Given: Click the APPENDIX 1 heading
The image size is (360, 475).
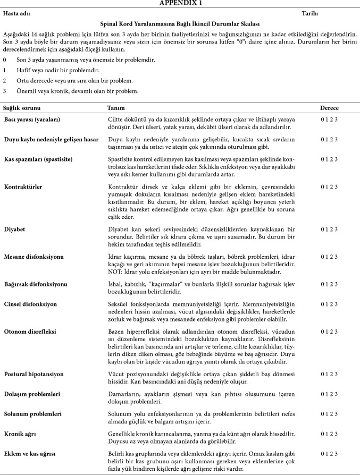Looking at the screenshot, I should (180, 4).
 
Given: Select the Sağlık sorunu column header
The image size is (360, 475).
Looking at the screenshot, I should (19, 108).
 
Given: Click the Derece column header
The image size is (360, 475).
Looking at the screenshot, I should (329, 108).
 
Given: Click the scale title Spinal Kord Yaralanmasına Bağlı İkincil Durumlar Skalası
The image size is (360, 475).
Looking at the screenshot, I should (180, 24).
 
